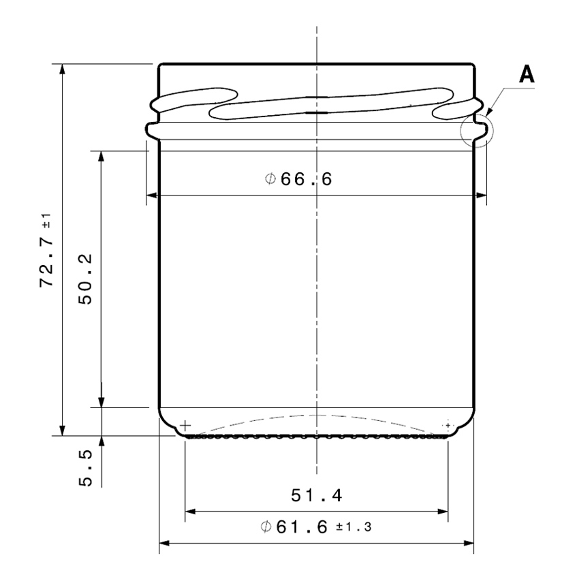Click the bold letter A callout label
526,74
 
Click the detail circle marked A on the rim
475,129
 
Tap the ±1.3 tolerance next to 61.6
353,527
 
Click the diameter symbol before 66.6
269,179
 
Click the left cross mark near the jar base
186,426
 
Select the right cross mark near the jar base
448,425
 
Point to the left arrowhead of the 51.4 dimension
190,511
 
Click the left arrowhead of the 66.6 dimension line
152,197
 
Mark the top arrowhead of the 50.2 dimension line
101,156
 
